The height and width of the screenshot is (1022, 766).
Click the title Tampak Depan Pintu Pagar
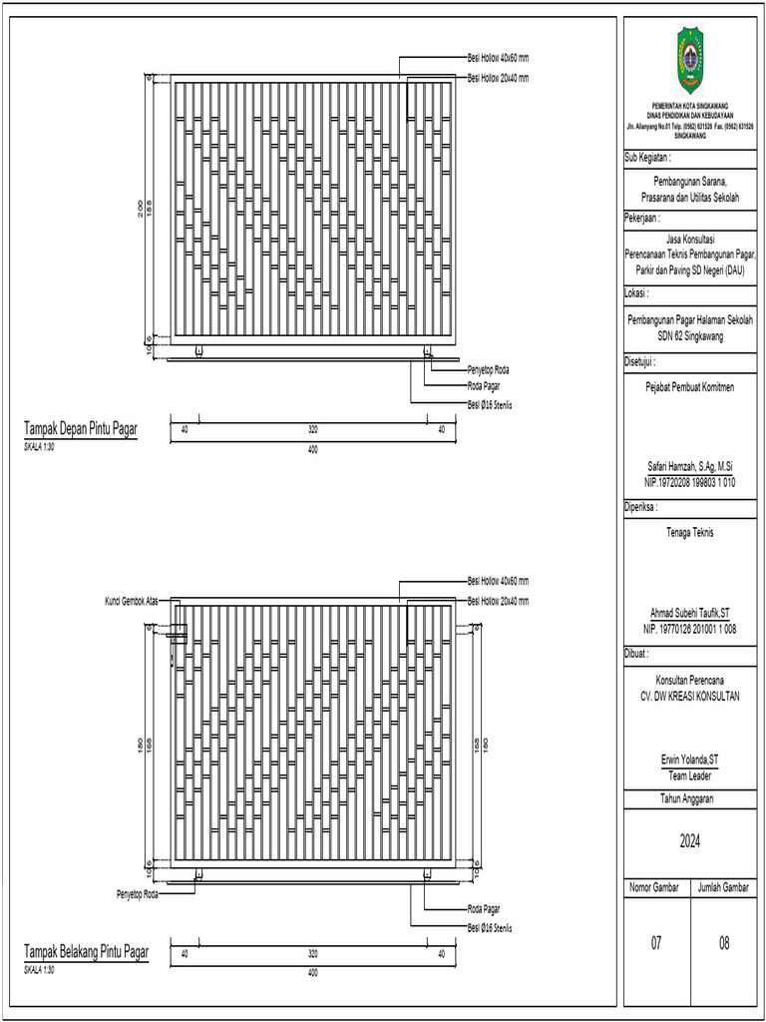pyautogui.click(x=81, y=429)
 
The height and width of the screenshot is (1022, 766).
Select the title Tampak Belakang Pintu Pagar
pyautogui.click(x=87, y=953)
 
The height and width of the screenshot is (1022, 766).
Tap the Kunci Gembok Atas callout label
pyautogui.click(x=134, y=601)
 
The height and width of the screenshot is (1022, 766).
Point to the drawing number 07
pyautogui.click(x=656, y=942)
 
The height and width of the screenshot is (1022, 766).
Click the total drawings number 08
pyautogui.click(x=723, y=942)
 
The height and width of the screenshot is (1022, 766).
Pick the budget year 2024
pyautogui.click(x=689, y=842)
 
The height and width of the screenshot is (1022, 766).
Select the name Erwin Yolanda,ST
pyautogui.click(x=689, y=760)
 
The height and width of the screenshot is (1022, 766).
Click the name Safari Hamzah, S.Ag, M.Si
pyautogui.click(x=689, y=467)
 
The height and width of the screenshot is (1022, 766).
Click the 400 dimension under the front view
pyautogui.click(x=313, y=450)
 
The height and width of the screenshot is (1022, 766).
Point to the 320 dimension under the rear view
pyautogui.click(x=313, y=954)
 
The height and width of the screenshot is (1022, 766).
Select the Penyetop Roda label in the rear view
pyautogui.click(x=138, y=893)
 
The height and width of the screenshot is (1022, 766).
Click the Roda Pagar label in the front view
pyautogui.click(x=484, y=384)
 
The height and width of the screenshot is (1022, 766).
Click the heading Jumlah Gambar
pyautogui.click(x=723, y=886)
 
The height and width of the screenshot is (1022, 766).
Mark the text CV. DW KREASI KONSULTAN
pyautogui.click(x=689, y=696)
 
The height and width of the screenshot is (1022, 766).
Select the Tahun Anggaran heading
pyautogui.click(x=689, y=798)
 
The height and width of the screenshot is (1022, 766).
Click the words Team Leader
pyautogui.click(x=689, y=773)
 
